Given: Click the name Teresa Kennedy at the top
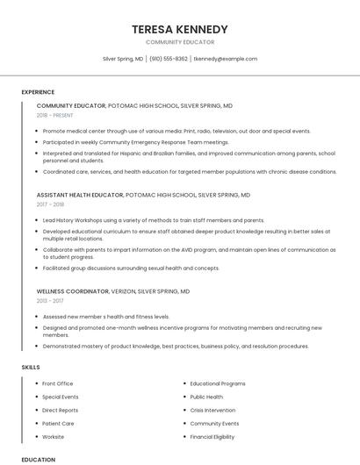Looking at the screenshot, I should click(x=179, y=29).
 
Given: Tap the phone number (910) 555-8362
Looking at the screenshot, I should click(x=169, y=59).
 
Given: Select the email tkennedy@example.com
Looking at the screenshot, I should click(x=226, y=59).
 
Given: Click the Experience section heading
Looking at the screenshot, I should click(x=38, y=92).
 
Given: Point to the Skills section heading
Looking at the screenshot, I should click(x=30, y=367).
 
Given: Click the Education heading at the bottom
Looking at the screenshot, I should click(x=39, y=459).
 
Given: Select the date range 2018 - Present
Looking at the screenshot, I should click(x=55, y=115).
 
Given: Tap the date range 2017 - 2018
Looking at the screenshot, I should click(x=50, y=204).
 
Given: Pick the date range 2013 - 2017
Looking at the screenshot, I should click(x=50, y=300).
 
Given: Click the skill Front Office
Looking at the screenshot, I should click(x=57, y=383).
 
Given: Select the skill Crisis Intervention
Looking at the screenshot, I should click(x=212, y=410).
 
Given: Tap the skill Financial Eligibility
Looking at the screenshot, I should click(x=212, y=436).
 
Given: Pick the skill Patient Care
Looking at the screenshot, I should click(x=58, y=423).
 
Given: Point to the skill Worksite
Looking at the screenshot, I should click(x=53, y=436).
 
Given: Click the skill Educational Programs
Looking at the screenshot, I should click(x=218, y=383).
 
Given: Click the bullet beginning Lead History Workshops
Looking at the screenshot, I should click(x=153, y=220).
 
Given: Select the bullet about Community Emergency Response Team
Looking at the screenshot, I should click(x=135, y=141).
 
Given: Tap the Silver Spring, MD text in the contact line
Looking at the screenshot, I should click(x=123, y=59).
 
